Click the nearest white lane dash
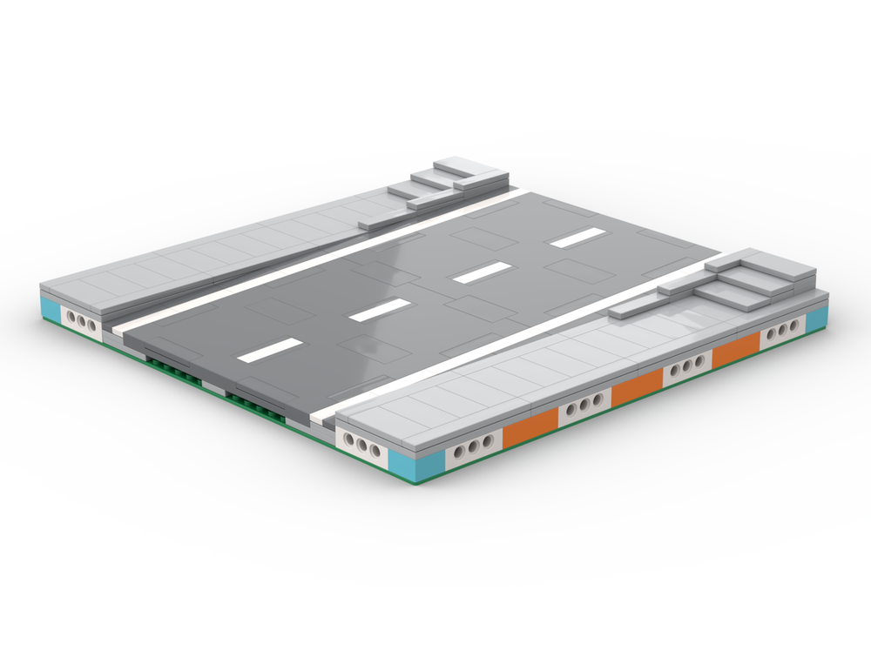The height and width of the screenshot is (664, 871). click(271, 350)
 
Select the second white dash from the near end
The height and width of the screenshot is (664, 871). click(380, 309)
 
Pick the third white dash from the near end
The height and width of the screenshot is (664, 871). click(481, 272)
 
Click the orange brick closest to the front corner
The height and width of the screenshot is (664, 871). click(530, 421)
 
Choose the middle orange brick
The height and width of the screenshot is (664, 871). click(638, 386)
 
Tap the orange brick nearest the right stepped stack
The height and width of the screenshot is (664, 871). click(736, 350)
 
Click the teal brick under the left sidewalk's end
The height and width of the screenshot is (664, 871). click(51, 308)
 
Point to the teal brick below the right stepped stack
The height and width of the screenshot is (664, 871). click(816, 321)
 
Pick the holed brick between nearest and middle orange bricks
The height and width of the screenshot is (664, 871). click(584, 404)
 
